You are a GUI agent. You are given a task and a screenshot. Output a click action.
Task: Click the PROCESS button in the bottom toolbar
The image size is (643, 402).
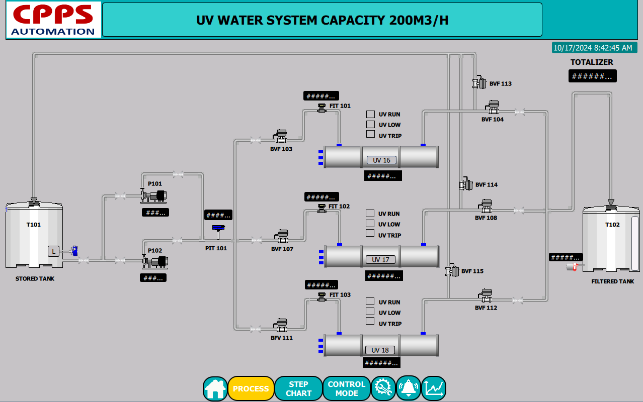(x=251, y=388)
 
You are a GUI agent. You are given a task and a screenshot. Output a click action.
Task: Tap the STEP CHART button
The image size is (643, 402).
(x=298, y=388)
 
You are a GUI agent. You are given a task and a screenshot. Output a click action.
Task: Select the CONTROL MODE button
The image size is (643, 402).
(x=346, y=388)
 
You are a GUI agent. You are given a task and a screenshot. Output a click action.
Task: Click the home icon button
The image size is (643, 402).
(x=215, y=388)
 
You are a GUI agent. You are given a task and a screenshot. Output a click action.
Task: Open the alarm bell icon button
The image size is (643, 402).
(x=408, y=388)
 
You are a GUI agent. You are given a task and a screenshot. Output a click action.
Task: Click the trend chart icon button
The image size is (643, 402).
(x=433, y=388)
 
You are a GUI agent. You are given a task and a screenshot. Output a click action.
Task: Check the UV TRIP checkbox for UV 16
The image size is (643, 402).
(x=370, y=134)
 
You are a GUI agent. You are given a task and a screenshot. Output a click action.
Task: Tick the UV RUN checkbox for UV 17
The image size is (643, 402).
(x=370, y=213)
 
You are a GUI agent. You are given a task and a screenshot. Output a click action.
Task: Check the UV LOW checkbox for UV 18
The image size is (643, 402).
(x=370, y=312)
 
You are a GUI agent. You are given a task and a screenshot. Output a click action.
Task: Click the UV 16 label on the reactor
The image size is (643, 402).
(x=381, y=160)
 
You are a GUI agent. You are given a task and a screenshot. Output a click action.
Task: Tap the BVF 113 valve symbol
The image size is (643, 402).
(x=479, y=83)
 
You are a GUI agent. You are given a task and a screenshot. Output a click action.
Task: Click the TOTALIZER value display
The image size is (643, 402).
(x=592, y=76)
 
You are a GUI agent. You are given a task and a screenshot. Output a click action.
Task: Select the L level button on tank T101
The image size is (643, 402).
(x=53, y=251)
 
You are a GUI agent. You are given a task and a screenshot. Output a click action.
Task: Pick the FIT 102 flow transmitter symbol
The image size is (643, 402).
(x=322, y=208)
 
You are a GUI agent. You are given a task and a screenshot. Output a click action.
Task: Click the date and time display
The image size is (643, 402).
(x=592, y=48)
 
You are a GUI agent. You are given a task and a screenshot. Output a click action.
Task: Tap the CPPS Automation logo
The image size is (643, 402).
(x=53, y=20)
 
